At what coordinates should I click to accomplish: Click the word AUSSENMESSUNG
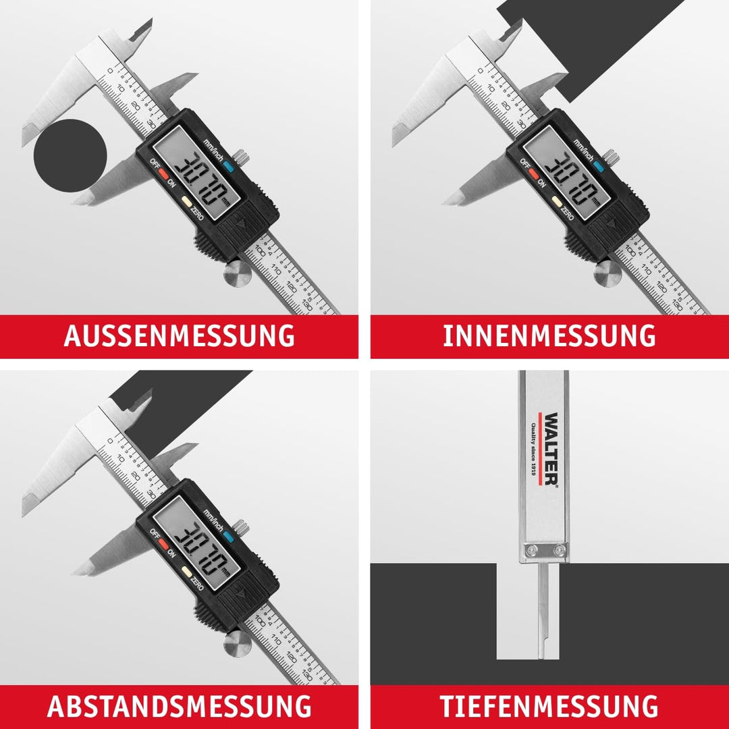tap(179, 335)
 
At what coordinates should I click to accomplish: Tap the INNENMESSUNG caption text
tap(549, 335)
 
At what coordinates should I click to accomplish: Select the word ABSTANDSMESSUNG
tap(179, 706)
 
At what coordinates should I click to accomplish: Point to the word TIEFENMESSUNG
tap(549, 706)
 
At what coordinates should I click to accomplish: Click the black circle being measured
tap(70, 155)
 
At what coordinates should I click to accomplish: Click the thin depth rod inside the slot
tap(543, 621)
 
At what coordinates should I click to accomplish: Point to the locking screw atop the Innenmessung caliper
tap(610, 157)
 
